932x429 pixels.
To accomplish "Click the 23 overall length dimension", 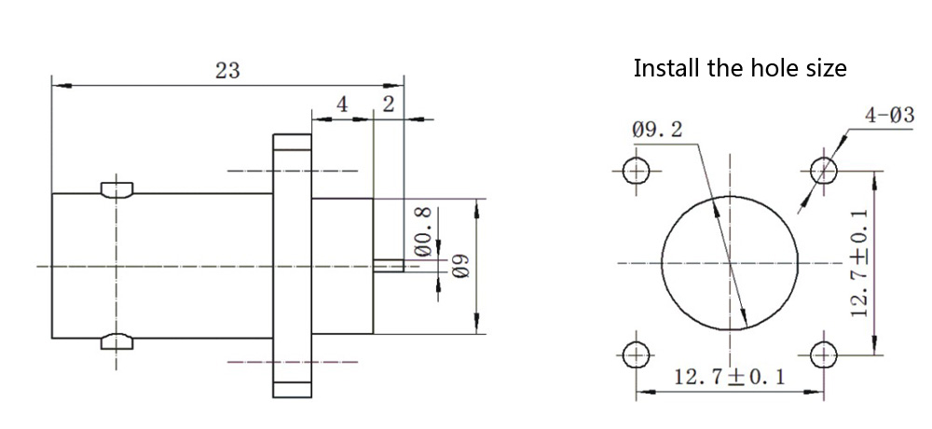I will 227,70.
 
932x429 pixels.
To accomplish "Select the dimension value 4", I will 342,104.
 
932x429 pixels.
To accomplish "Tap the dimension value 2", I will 388,104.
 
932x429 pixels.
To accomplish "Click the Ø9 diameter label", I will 458,267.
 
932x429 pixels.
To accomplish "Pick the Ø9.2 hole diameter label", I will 657,131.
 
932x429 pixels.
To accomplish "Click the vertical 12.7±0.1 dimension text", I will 860,262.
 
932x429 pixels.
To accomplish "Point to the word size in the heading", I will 824,68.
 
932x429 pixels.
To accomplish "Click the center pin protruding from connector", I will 388,266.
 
